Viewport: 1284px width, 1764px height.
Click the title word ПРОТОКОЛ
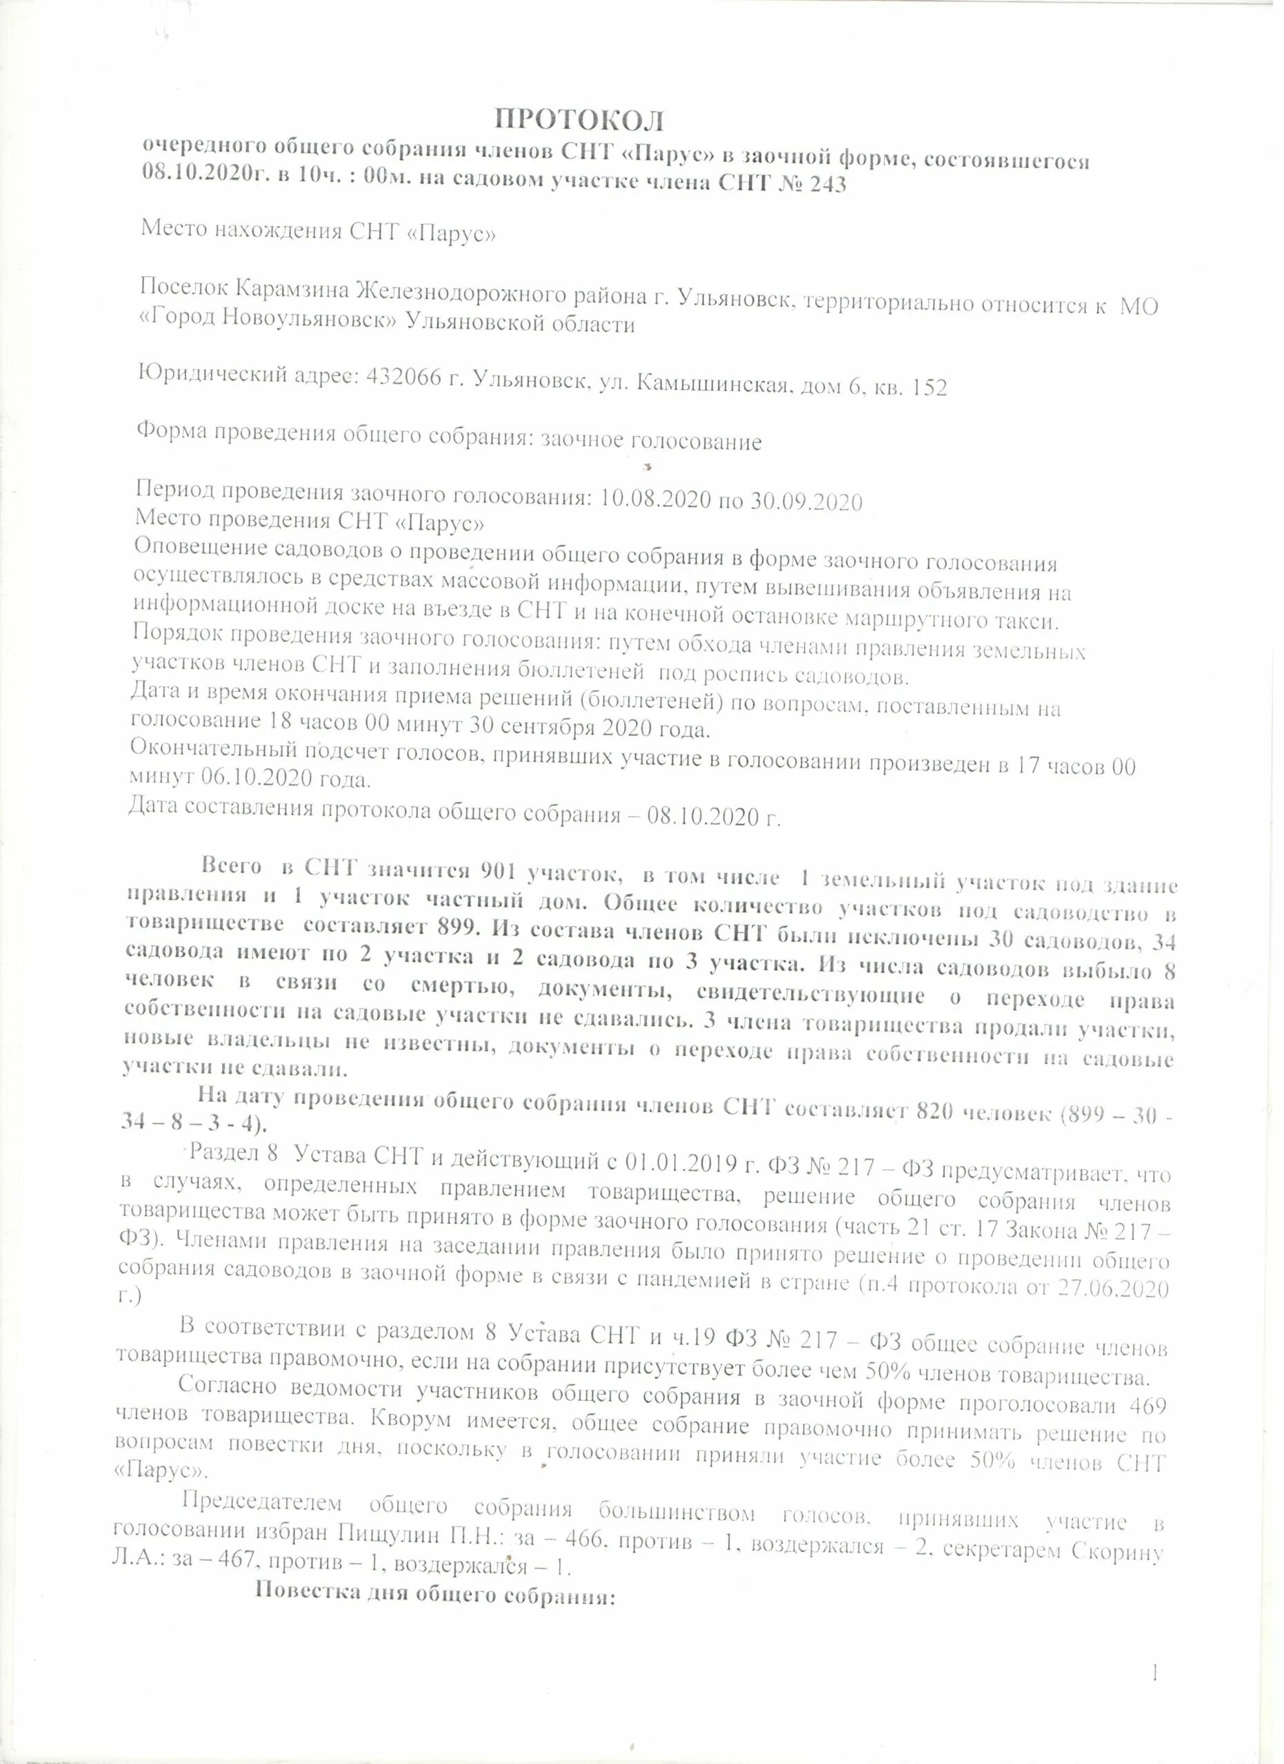pyautogui.click(x=581, y=120)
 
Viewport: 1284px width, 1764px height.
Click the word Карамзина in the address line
pyautogui.click(x=292, y=289)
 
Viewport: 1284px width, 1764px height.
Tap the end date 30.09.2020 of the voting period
pyautogui.click(x=807, y=502)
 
